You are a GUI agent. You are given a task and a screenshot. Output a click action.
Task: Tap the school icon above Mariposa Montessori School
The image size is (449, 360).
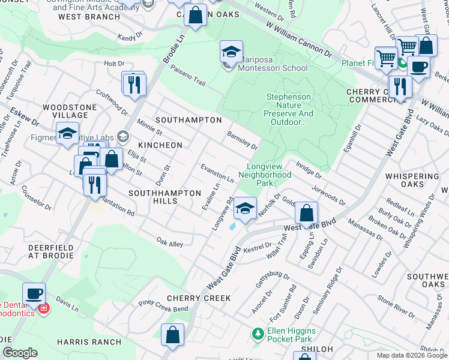[231, 52]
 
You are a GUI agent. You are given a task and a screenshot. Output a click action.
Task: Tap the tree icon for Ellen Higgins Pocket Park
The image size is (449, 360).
[258, 333]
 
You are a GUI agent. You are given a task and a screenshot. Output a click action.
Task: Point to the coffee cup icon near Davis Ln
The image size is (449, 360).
[34, 294]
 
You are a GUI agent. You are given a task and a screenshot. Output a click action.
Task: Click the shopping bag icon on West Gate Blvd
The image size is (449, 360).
[306, 212]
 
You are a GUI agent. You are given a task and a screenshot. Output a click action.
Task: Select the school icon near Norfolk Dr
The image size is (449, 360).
[244, 208]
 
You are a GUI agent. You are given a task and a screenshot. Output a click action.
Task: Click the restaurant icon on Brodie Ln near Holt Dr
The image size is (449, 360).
[134, 83]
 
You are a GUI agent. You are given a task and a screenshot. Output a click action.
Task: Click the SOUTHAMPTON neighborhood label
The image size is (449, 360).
[188, 120]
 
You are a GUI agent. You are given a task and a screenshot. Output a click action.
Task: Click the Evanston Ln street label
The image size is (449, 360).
[217, 172]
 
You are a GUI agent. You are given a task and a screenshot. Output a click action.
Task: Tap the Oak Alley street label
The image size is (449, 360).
[170, 243]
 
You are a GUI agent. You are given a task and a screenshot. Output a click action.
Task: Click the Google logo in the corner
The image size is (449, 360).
[20, 353]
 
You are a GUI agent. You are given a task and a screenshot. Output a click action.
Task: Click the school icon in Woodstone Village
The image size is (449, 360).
[68, 133]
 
